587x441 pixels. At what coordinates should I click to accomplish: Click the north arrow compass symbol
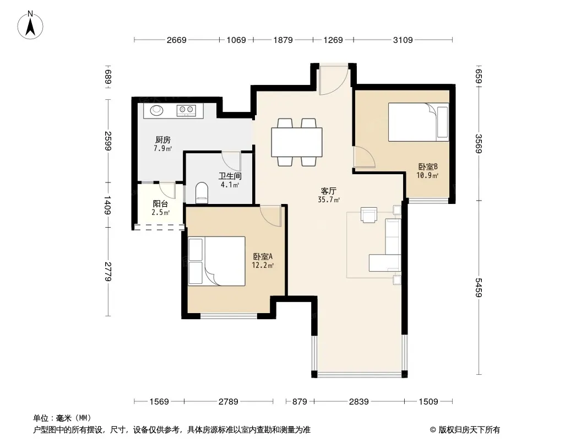click(x=30, y=25)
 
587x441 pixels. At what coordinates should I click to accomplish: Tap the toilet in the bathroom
click(x=202, y=192)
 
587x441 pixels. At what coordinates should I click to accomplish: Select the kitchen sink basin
click(x=156, y=110)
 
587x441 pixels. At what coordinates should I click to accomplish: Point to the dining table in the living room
click(x=296, y=142)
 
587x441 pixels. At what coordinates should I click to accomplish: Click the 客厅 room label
click(x=328, y=191)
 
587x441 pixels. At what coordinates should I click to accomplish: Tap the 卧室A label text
click(x=263, y=257)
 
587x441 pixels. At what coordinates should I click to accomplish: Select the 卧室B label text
click(x=428, y=166)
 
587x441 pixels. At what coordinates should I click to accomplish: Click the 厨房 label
click(x=163, y=140)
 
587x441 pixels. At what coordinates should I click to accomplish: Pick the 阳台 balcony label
click(x=160, y=204)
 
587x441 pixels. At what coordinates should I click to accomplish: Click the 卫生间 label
click(x=230, y=176)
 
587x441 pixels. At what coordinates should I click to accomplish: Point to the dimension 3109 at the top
click(x=403, y=40)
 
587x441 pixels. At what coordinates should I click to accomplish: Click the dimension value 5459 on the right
click(x=479, y=287)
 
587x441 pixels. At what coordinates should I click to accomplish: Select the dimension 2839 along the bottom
click(x=359, y=402)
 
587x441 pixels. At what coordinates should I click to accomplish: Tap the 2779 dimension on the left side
click(x=108, y=272)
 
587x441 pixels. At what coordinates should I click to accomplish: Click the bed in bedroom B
click(x=418, y=122)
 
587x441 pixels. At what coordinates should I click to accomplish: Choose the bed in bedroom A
click(x=217, y=261)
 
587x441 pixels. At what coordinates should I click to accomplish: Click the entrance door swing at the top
click(x=334, y=80)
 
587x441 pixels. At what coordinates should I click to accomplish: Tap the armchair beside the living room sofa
click(x=369, y=214)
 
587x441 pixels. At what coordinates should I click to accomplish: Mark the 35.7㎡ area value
click(x=329, y=200)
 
